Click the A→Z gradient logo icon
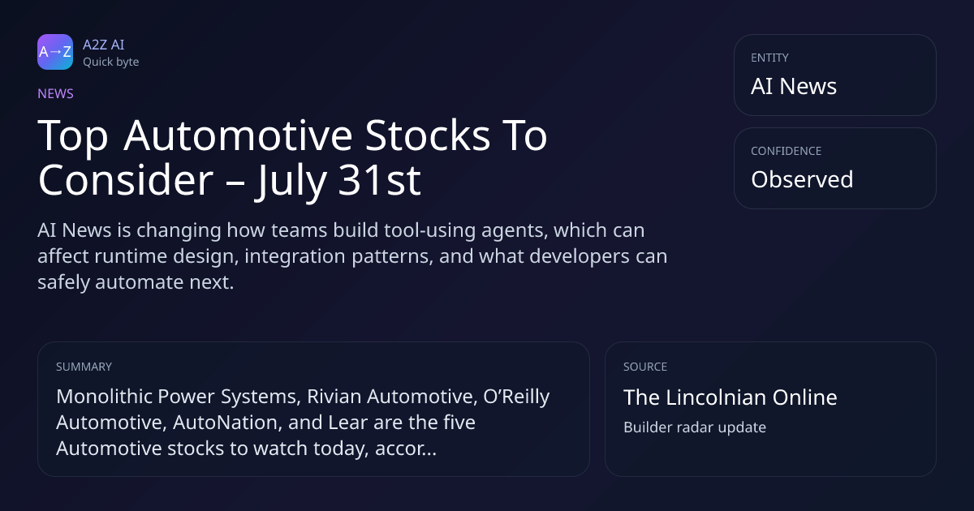55,52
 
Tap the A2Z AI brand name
104,45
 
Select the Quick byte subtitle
111,62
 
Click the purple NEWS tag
56,94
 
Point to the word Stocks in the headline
428,135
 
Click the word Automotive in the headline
238,135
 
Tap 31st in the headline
379,180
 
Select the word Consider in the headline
126,180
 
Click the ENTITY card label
769,58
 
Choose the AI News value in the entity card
794,86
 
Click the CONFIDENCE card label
787,151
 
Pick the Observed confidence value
802,179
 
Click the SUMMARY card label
84,367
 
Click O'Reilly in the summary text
516,397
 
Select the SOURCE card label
645,367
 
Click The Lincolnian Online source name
730,397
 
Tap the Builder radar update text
695,427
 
